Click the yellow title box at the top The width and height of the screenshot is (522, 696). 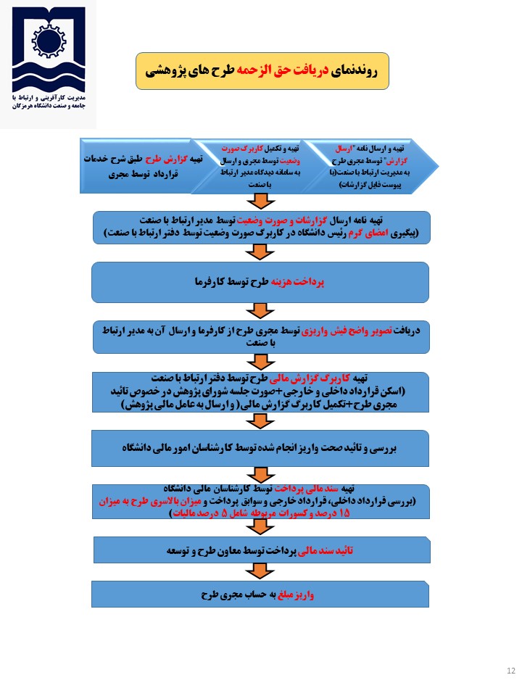(262, 71)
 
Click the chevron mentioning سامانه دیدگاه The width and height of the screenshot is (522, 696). (254, 166)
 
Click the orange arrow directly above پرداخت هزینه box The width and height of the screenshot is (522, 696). (258, 252)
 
